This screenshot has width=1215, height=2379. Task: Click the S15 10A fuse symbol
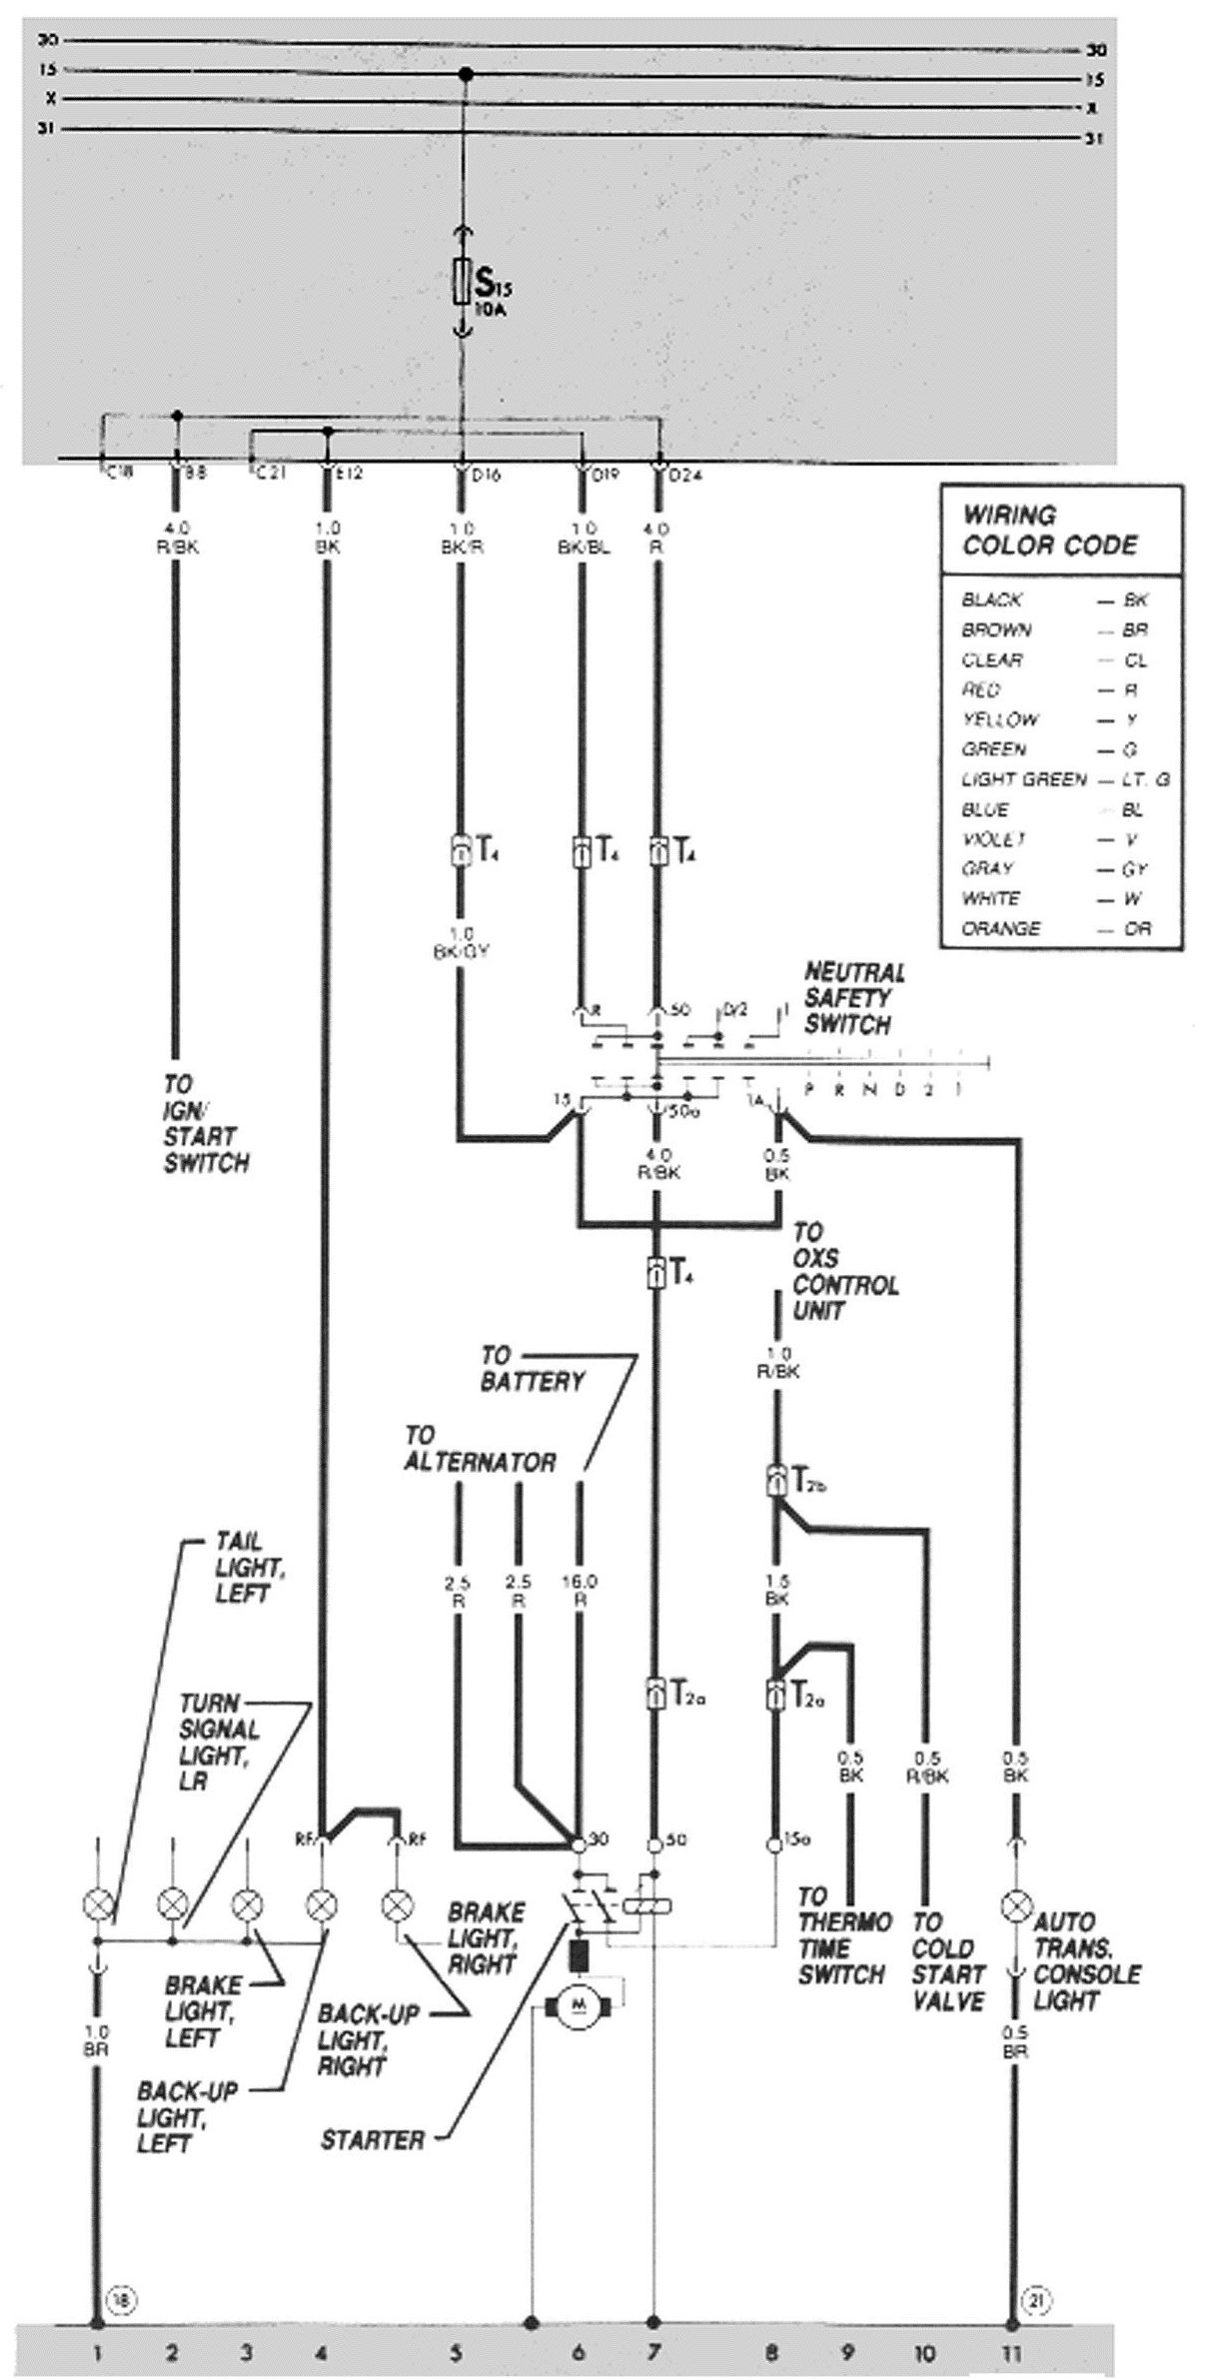[462, 281]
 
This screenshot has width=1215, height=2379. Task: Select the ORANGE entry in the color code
[1000, 928]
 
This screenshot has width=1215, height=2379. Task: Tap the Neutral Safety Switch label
[854, 997]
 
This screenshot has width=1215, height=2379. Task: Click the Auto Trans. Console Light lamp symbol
[1016, 1905]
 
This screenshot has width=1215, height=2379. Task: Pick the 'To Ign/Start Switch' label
[206, 1123]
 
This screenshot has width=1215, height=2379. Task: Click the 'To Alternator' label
[480, 1448]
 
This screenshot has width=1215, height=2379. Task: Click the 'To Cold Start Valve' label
[947, 1961]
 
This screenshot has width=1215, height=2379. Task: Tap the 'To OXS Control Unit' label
[844, 1271]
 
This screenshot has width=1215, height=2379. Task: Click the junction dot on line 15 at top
[464, 75]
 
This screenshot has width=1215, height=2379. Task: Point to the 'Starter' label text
[372, 2140]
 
